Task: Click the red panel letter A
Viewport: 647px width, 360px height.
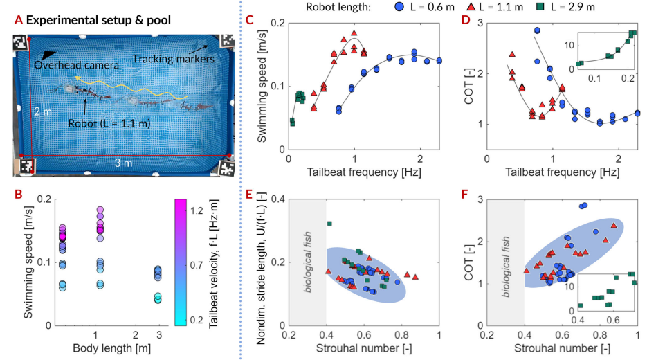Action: pos(18,20)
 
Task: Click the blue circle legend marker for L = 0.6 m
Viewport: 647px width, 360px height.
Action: pos(399,7)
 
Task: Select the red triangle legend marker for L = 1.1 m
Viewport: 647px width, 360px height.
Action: pos(471,7)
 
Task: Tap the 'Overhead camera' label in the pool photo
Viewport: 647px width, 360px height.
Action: pos(76,65)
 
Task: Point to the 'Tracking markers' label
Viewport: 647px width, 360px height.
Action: pos(173,59)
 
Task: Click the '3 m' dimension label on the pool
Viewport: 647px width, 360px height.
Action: pos(123,163)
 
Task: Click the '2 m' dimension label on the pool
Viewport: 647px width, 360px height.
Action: pos(43,111)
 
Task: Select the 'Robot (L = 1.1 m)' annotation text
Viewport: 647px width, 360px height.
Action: pos(109,123)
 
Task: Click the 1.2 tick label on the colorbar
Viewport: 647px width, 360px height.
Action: pos(197,211)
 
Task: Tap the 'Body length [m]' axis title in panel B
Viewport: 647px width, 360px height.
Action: pos(112,348)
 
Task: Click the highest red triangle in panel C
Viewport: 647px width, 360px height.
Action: pos(354,33)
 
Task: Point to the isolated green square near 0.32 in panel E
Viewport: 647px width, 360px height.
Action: pos(329,224)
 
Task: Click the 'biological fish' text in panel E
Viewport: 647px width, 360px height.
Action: pos(307,262)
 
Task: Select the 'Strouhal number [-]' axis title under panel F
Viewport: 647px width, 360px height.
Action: pos(562,348)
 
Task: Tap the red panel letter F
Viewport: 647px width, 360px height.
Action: pos(465,194)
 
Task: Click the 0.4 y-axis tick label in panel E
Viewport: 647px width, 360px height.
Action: pos(277,199)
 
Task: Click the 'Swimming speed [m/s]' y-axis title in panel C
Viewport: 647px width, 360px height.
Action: pos(262,87)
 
